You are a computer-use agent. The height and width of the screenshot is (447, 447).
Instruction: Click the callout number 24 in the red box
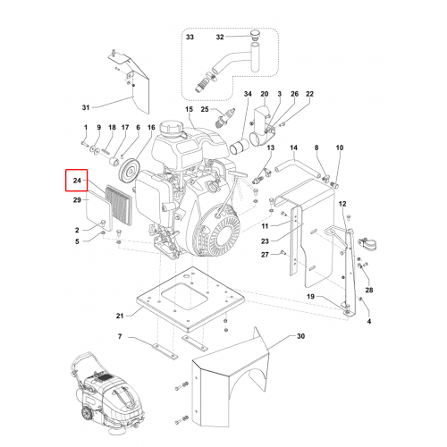click(x=77, y=181)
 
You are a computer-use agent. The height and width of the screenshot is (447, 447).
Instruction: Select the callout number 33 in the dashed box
click(x=190, y=37)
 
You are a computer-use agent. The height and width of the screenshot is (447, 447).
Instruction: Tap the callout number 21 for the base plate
click(x=120, y=316)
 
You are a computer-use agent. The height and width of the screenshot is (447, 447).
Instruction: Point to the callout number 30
click(x=301, y=336)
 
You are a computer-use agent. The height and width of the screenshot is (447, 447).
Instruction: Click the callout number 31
click(x=86, y=107)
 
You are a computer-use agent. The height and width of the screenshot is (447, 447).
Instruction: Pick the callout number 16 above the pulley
click(x=151, y=128)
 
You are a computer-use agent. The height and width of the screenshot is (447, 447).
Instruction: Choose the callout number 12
click(x=342, y=204)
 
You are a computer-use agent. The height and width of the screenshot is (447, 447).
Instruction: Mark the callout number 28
click(x=369, y=290)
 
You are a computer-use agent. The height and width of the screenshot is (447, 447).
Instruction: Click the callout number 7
click(x=120, y=336)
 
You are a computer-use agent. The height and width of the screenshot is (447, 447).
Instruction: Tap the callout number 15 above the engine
click(x=190, y=109)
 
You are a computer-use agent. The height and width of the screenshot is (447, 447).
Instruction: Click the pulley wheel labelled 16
click(x=128, y=170)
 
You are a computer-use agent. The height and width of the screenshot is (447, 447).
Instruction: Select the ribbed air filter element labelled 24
click(x=119, y=206)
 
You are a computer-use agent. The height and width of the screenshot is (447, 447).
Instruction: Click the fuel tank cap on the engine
click(x=169, y=129)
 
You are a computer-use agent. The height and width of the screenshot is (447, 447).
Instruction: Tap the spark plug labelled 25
click(x=225, y=118)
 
